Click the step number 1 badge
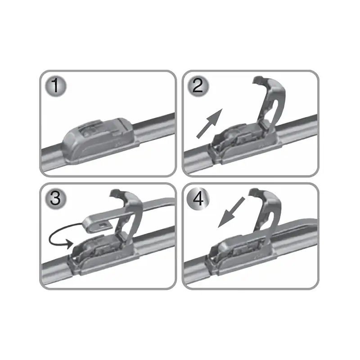click(56, 85)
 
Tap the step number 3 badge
click(56, 198)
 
